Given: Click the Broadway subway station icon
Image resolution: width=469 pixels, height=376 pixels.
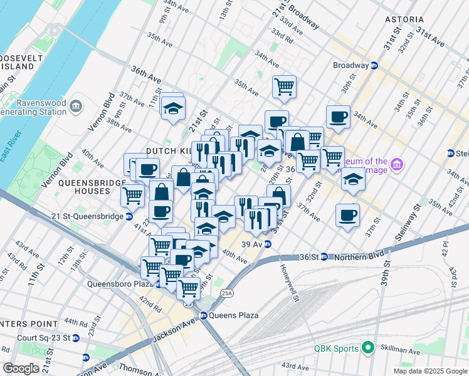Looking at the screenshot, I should point(374,65).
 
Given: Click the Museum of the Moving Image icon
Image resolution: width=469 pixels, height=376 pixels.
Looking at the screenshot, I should point(396,165).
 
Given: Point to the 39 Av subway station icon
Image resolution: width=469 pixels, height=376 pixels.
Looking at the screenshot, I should point(267,244).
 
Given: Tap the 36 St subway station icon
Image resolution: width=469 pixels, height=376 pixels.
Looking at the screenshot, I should point(324,256).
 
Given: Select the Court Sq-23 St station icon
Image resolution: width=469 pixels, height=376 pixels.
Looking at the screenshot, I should point(76,338).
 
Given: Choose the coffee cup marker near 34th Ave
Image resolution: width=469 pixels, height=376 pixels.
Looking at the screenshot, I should point(339,117).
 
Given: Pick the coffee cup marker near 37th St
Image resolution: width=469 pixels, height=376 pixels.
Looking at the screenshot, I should point(347,216).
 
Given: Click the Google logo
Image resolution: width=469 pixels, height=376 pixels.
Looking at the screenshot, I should point(21,368).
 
